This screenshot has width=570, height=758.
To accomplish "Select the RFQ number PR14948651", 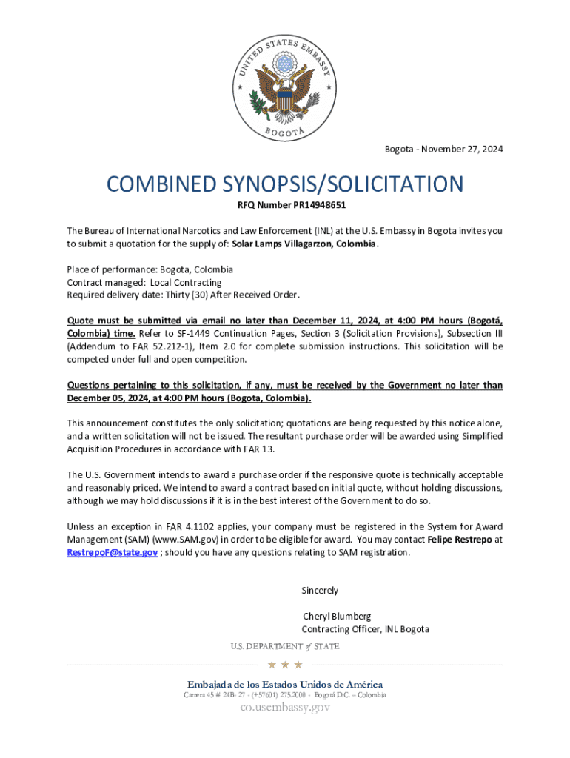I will (309, 205).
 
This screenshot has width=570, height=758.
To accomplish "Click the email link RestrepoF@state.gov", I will (112, 553).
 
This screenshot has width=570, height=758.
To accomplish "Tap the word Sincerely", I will (320, 591).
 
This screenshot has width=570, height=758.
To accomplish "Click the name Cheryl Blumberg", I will (337, 616).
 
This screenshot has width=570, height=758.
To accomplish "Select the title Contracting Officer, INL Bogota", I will (365, 629).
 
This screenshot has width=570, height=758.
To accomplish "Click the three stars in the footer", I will (285, 665).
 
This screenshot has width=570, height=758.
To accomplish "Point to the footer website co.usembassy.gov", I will (285, 708).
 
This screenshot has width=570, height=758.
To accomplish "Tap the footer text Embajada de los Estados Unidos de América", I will (285, 684).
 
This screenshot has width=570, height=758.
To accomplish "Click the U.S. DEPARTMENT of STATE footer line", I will (285, 646).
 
